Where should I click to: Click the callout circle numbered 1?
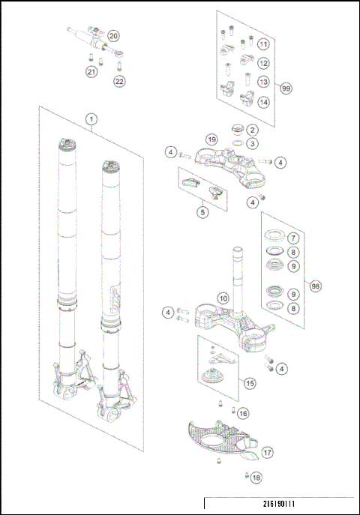[x=91, y=119]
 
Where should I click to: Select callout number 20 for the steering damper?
[x=113, y=36]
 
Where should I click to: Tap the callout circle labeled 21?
[x=91, y=72]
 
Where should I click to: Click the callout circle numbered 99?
[x=286, y=88]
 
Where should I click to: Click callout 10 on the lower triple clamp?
[x=223, y=298]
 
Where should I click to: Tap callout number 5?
[x=202, y=212]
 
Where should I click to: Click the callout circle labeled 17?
[x=267, y=452]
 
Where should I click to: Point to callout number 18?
[x=256, y=478]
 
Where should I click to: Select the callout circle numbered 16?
[x=243, y=413]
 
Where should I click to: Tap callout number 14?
[x=263, y=101]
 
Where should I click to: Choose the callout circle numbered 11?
[x=263, y=44]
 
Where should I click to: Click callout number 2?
[x=253, y=130]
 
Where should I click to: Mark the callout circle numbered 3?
[x=253, y=143]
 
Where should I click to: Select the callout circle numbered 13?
[x=263, y=82]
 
